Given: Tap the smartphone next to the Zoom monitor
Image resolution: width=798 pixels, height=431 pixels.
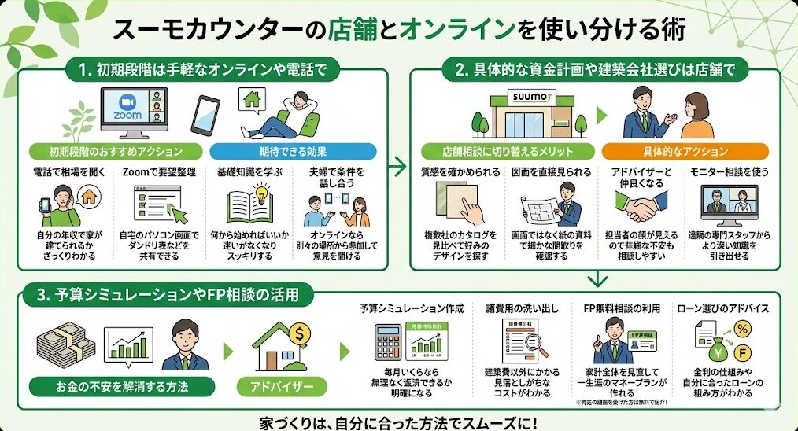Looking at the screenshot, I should pyautogui.click(x=205, y=116).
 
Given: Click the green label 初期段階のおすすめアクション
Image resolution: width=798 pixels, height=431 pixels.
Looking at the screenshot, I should pyautogui.click(x=116, y=151).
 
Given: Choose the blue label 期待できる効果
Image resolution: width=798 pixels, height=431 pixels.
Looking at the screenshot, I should pyautogui.click(x=293, y=151).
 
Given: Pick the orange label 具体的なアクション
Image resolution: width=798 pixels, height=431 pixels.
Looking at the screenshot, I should pyautogui.click(x=684, y=151).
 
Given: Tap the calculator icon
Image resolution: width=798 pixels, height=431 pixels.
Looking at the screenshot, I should pyautogui.click(x=389, y=343).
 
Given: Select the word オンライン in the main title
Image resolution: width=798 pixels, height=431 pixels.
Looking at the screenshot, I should pyautogui.click(x=452, y=30).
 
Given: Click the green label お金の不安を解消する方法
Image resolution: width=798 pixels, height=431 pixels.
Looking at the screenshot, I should pyautogui.click(x=123, y=388).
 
